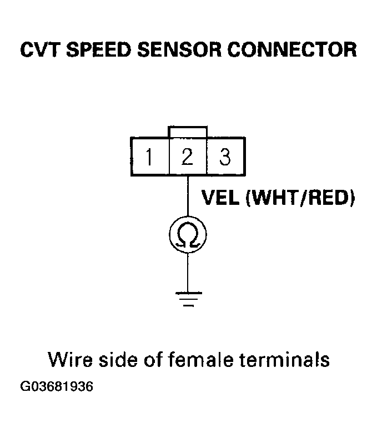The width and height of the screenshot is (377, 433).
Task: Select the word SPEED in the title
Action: pos(99,50)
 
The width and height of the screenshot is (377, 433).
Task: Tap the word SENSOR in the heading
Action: pos(179,50)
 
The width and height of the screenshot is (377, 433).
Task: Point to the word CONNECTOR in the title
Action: pos(292,50)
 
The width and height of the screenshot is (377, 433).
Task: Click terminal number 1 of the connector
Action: pos(149,157)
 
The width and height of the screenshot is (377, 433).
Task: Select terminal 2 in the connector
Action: pos(188,157)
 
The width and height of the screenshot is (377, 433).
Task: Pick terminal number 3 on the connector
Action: pos(225,157)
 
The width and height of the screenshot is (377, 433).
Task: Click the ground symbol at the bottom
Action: pos(188,299)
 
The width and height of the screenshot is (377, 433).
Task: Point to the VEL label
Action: pos(220,198)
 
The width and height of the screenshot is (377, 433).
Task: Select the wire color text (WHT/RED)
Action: pos(300,198)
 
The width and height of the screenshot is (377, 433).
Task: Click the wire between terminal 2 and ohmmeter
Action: pos(188,196)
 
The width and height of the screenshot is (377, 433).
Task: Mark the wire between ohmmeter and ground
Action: pos(188,272)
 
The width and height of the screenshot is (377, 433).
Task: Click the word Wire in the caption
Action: pos(70,359)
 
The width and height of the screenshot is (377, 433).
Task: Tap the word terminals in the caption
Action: pos(284,359)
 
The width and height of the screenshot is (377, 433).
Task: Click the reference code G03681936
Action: pos(57,386)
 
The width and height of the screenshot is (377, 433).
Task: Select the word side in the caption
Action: pos(118,359)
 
